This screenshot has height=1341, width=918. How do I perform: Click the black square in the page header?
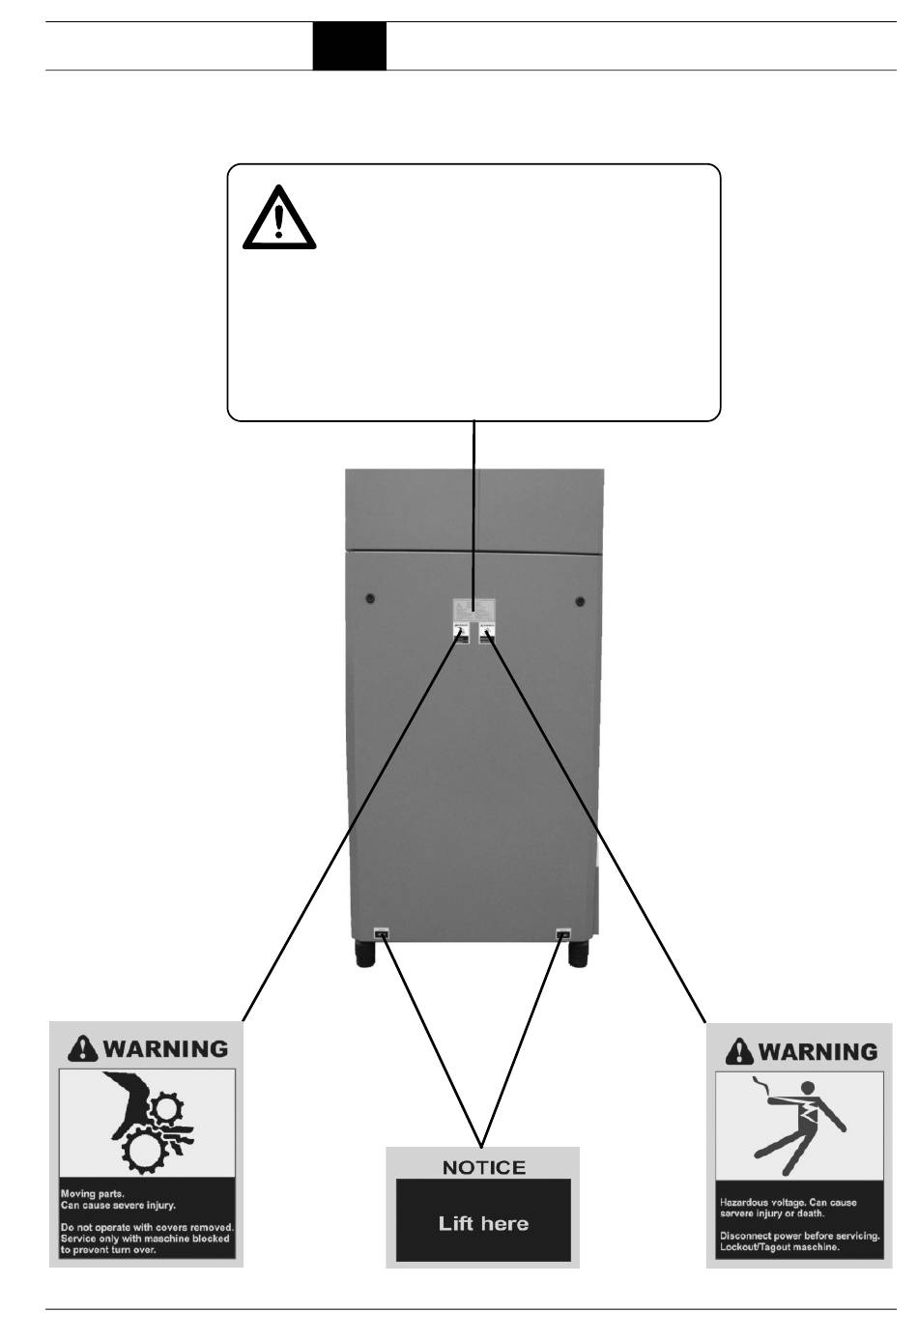(x=349, y=45)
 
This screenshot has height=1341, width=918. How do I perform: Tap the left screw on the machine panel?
(x=370, y=599)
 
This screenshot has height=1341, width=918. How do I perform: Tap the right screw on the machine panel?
(x=580, y=602)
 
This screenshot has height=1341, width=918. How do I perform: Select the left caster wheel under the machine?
(x=365, y=956)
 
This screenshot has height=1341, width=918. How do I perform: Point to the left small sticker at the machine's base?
(x=381, y=934)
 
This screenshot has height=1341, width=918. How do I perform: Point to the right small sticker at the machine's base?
(x=562, y=934)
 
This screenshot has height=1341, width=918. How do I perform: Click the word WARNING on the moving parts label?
(x=165, y=1048)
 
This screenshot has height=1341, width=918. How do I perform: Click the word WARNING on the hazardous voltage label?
(x=818, y=1050)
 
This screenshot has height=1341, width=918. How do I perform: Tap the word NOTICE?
(x=483, y=1167)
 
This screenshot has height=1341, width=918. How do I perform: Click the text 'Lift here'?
(x=483, y=1223)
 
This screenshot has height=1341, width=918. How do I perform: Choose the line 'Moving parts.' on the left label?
(x=93, y=1194)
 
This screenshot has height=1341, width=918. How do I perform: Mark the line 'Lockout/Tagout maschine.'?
(x=780, y=1247)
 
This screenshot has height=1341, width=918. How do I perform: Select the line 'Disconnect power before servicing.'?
(x=799, y=1236)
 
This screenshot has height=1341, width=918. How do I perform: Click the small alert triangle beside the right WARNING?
(x=739, y=1050)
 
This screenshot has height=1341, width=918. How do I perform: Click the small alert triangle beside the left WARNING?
(x=84, y=1048)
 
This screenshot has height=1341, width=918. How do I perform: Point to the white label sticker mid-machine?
(x=473, y=611)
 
